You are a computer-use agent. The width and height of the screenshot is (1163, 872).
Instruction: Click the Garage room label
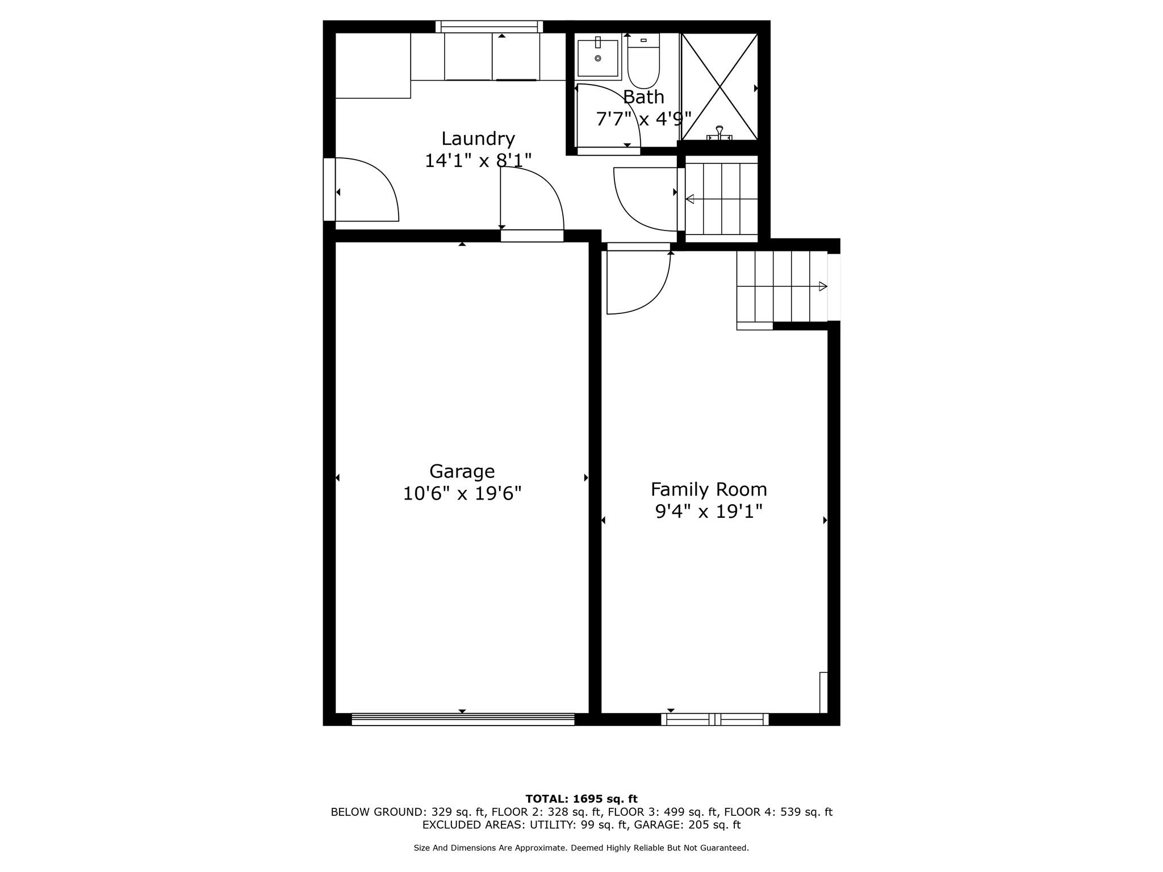click(x=462, y=471)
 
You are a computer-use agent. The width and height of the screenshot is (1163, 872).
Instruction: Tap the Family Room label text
click(x=708, y=489)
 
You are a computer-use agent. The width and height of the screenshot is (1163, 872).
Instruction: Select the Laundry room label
click(x=478, y=139)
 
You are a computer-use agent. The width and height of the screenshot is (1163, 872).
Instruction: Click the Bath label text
click(x=643, y=97)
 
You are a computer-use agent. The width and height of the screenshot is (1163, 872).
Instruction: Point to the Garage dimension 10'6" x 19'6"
click(x=462, y=493)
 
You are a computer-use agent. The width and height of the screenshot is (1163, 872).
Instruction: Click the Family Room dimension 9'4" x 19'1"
click(x=708, y=512)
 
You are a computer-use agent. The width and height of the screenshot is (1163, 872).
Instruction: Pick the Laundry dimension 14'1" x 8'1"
click(x=478, y=161)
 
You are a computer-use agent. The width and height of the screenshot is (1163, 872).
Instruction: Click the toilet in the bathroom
click(x=643, y=62)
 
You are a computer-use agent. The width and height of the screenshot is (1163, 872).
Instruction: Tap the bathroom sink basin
click(x=597, y=58)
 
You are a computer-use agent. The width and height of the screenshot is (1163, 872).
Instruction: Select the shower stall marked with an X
click(x=719, y=86)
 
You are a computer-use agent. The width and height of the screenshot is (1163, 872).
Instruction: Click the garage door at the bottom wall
click(x=463, y=719)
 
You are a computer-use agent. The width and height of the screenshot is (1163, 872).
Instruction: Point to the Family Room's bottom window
click(x=714, y=719)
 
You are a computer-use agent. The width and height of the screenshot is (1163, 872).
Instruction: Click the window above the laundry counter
click(x=489, y=26)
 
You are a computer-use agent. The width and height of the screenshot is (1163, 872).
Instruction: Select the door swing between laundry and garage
click(x=532, y=199)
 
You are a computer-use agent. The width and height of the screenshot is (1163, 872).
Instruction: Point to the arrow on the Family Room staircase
click(x=822, y=287)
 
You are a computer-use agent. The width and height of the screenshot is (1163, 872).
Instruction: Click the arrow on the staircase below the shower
click(x=691, y=199)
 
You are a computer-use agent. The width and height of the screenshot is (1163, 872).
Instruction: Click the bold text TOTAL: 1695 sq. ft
click(x=581, y=799)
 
